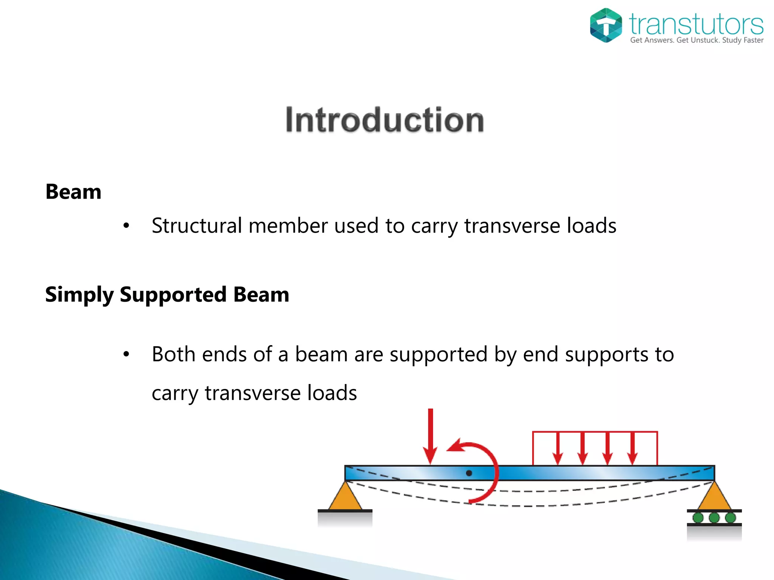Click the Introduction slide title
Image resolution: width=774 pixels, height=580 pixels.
coord(384,120)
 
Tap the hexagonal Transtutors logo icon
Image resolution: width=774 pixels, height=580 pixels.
coord(605,25)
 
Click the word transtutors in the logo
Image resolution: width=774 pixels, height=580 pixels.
coord(696,24)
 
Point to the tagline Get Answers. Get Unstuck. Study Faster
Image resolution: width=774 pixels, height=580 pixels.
coord(697,40)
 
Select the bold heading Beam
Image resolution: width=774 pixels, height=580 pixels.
coord(73,192)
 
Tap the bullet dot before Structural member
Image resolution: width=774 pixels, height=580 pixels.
coord(126,226)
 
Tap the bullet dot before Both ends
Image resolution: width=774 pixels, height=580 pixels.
coord(126,355)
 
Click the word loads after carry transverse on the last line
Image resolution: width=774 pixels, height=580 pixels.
coord(332,393)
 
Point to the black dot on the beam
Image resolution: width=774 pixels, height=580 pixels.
coord(469,473)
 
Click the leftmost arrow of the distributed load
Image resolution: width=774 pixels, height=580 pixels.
coord(557,449)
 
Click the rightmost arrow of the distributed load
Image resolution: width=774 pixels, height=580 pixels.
coord(632,449)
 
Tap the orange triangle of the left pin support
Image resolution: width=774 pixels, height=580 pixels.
coord(345,498)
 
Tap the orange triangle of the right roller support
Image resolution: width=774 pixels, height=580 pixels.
coord(714,498)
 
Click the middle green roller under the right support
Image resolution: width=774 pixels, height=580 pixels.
coord(714,517)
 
